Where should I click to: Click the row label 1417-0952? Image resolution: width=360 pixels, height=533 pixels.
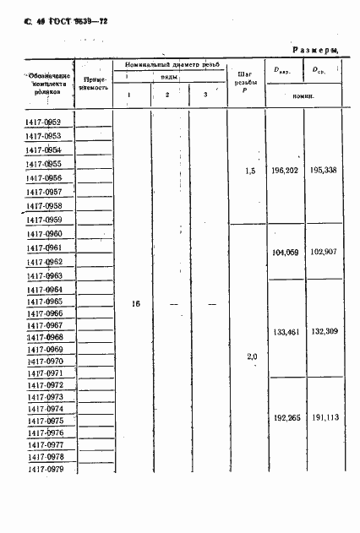click(44, 123)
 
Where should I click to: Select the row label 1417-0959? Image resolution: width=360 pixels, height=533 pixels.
click(44, 220)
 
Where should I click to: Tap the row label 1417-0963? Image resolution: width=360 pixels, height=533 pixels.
click(44, 275)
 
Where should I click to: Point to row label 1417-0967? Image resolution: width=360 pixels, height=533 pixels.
click(44, 325)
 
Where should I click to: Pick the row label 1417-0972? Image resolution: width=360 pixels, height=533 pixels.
click(44, 385)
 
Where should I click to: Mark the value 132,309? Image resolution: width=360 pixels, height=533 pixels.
click(324, 331)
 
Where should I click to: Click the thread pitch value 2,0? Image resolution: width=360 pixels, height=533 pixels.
click(251, 356)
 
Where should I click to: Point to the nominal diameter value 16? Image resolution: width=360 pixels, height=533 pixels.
click(136, 303)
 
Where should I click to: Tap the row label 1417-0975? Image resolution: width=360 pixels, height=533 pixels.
click(44, 421)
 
